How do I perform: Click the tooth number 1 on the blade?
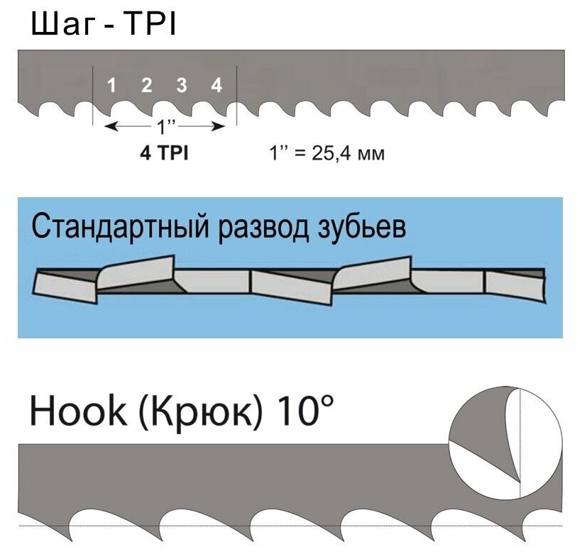point(111,86)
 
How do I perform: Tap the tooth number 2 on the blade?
point(147,86)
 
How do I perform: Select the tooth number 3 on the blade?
point(182,86)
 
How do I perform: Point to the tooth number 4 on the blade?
point(217,86)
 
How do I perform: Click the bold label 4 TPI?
point(163,153)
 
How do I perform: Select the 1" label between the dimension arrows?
point(165,128)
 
